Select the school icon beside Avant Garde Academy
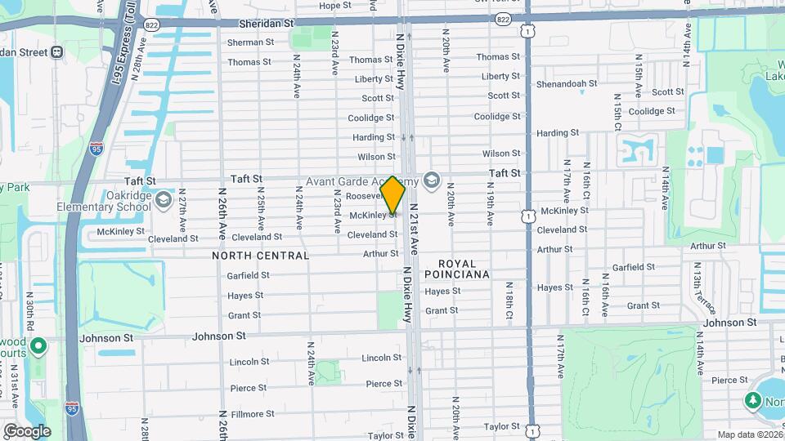click(432, 180)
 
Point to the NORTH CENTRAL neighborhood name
click(260, 256)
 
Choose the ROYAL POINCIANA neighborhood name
click(463, 269)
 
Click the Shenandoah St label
click(567, 83)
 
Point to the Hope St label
click(334, 6)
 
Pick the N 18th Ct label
click(509, 301)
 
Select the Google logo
click(27, 431)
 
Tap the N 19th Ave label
click(491, 210)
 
